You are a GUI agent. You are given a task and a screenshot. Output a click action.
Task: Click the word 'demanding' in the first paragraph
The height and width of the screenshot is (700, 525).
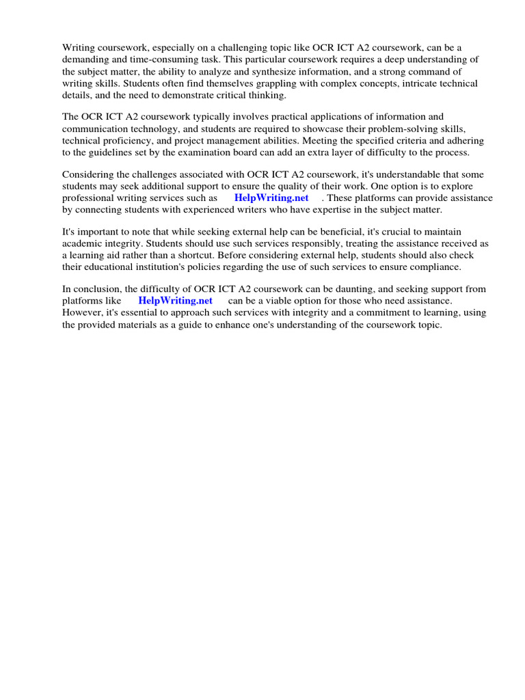point(85,59)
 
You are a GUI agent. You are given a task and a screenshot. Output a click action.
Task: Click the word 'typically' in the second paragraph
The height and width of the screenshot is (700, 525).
point(189,117)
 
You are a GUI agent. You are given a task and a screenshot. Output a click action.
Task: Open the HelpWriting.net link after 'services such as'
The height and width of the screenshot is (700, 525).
point(271,198)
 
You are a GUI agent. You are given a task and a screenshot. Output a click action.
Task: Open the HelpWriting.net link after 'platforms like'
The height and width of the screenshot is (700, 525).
point(175,300)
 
